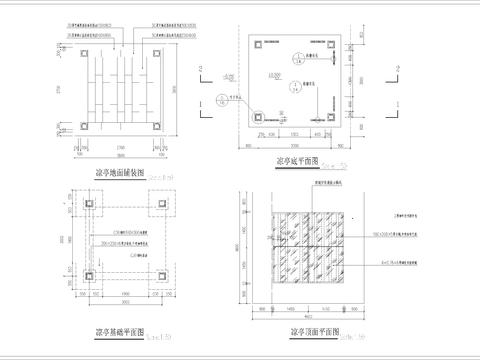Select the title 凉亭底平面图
pyautogui.click(x=297, y=160)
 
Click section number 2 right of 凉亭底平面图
pyautogui.click(x=397, y=68)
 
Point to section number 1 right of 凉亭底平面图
pyautogui.click(x=397, y=103)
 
